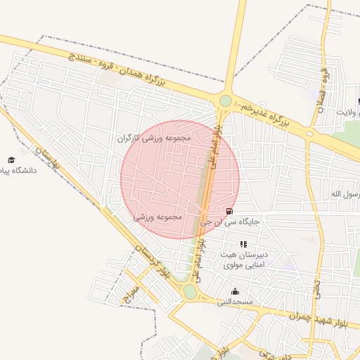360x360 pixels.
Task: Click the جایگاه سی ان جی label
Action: (230, 221)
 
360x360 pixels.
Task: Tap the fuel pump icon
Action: (229, 211)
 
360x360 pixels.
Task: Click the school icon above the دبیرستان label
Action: (243, 243)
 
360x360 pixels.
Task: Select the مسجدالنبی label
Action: (234, 302)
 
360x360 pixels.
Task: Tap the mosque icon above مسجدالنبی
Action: (234, 291)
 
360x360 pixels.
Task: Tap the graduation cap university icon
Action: (11, 160)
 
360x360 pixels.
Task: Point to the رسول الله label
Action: (345, 193)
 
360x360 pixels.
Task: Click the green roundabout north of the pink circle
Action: (225, 101)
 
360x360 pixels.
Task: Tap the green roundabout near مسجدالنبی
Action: (189, 290)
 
